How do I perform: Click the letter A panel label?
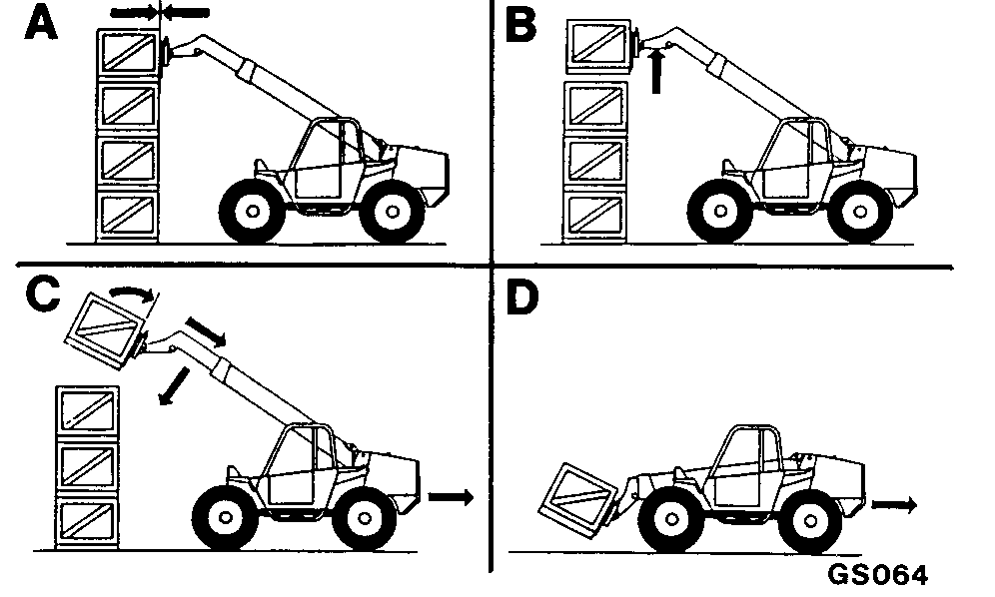coord(41,25)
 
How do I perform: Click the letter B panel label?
coord(520,26)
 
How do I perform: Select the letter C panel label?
coord(43,295)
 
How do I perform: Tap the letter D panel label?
coord(521,298)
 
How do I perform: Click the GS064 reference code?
coord(877,575)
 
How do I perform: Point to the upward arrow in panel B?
coord(657,71)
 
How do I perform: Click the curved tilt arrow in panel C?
coord(131,293)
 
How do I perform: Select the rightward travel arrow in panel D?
coord(894,505)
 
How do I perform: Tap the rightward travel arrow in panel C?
coord(451,497)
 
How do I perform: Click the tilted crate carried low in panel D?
coord(578,500)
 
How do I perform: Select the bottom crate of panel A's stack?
coord(127,217)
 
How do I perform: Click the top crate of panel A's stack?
coord(128,53)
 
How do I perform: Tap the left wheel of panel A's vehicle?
coord(252,211)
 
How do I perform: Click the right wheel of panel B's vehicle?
coord(860,211)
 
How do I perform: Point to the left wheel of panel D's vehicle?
coord(671,519)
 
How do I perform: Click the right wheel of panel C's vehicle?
coord(365,518)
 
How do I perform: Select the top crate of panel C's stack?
coord(88,410)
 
